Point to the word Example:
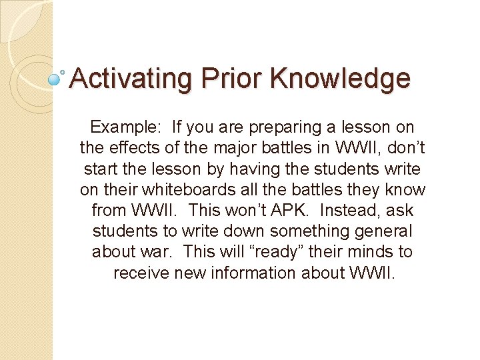(x=127, y=127)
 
